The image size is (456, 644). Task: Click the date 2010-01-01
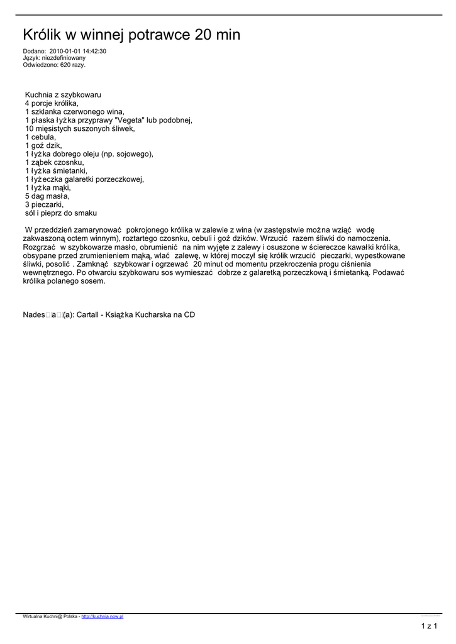64,51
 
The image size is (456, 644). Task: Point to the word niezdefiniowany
64,58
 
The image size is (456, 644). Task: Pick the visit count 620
65,64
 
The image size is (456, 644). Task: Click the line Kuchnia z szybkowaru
63,94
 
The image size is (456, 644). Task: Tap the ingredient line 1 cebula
41,136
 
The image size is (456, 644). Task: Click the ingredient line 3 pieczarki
45,204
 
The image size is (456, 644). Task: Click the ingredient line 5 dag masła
48,196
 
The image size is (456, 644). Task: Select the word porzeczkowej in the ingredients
121,179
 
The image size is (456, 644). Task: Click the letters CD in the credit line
189,315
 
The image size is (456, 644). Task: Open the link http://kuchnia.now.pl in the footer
103,616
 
